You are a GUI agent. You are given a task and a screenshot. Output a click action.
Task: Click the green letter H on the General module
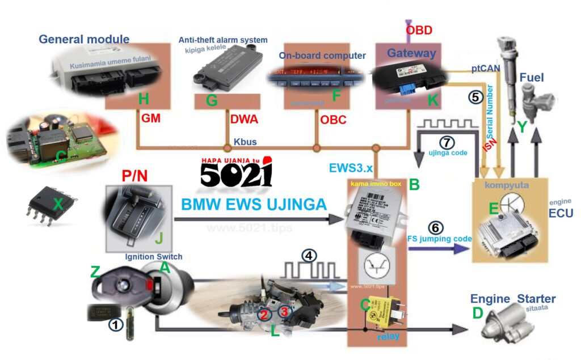(x=144, y=100)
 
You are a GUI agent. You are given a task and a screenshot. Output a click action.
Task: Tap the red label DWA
(x=244, y=120)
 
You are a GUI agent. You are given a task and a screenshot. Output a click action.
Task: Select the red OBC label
(x=333, y=120)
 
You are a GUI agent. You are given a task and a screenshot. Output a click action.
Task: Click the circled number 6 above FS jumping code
(x=435, y=228)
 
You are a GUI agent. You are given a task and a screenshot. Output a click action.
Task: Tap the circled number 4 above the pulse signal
(x=309, y=255)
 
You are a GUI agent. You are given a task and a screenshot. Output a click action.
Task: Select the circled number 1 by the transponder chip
(x=116, y=325)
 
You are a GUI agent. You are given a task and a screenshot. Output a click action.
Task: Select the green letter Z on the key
(x=95, y=272)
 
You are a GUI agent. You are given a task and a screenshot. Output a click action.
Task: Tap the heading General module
(x=84, y=39)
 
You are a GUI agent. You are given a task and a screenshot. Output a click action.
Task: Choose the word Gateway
(x=411, y=53)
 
